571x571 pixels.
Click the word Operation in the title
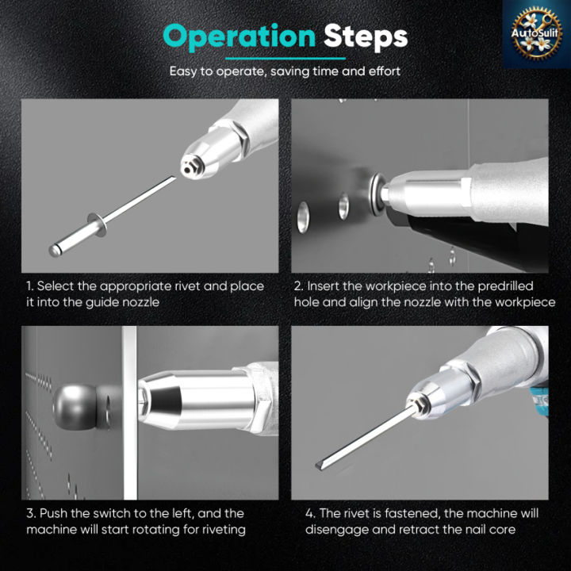[x=239, y=36]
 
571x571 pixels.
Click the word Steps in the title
[x=366, y=36]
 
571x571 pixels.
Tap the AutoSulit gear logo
[x=535, y=33]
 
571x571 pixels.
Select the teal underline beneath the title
[x=285, y=58]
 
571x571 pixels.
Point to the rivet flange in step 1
[x=98, y=224]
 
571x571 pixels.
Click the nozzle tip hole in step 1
[x=187, y=169]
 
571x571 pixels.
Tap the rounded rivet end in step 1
[x=54, y=251]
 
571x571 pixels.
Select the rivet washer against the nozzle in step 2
[x=377, y=194]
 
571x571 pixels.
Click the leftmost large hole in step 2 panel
[x=303, y=217]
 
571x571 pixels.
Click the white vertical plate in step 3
[x=130, y=412]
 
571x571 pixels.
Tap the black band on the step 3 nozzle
[x=165, y=400]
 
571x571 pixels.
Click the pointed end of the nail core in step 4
[x=316, y=466]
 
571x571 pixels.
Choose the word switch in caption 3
[x=112, y=513]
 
